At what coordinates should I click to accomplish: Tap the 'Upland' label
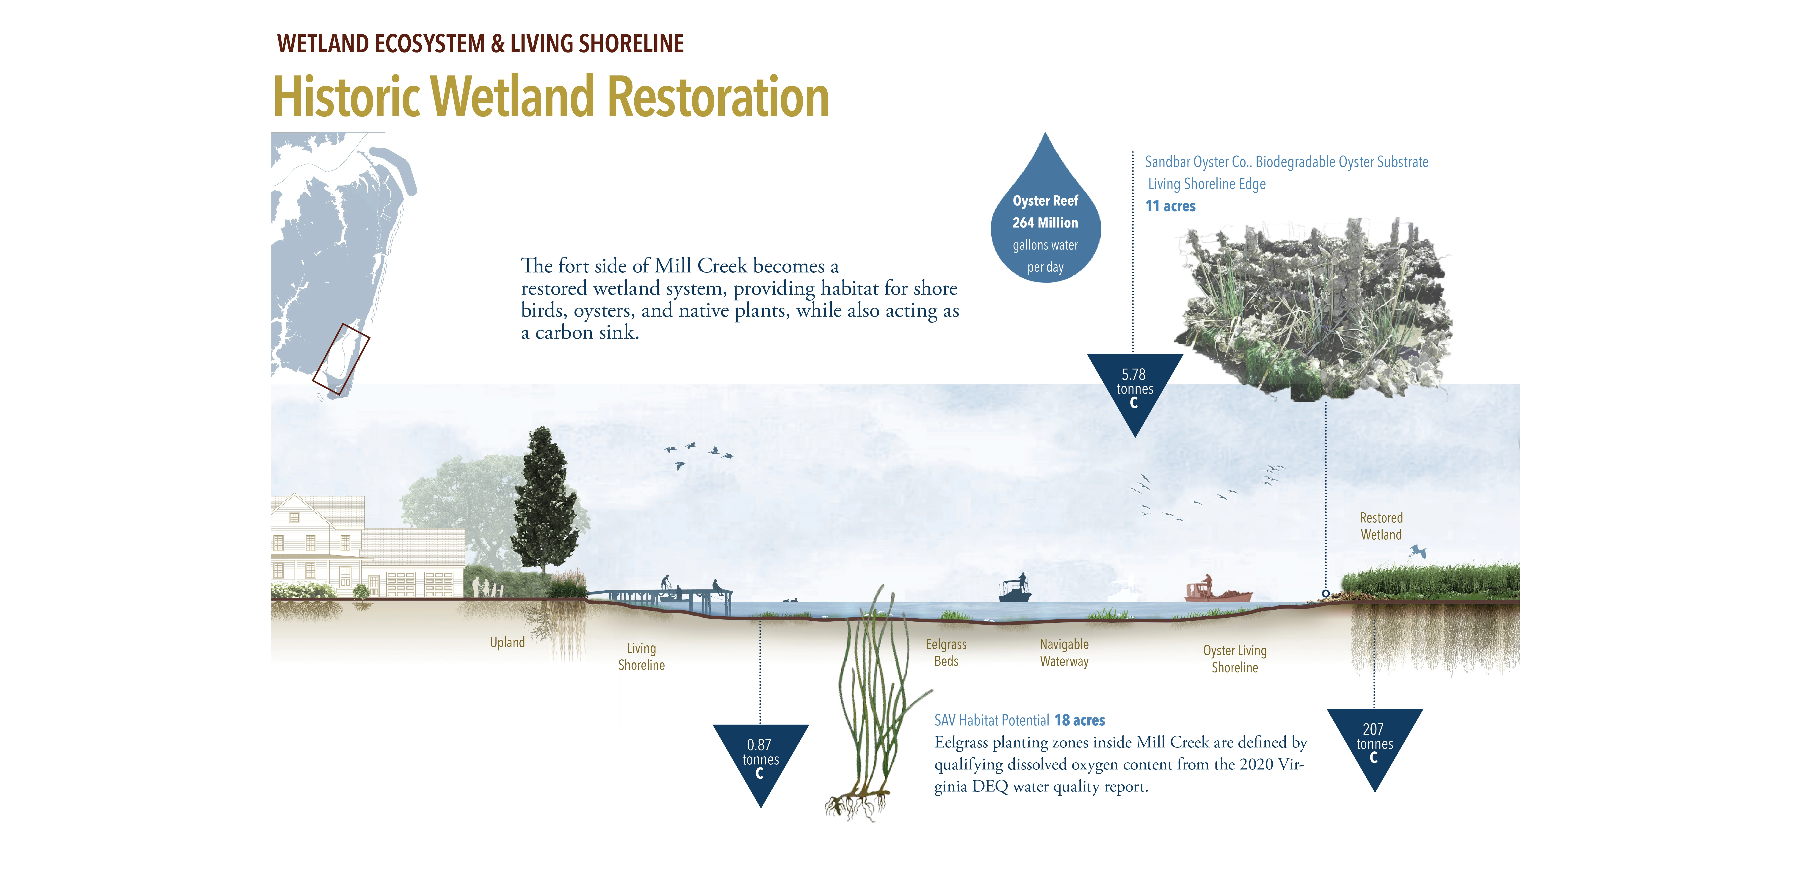(x=507, y=642)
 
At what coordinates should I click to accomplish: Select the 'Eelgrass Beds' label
(x=945, y=653)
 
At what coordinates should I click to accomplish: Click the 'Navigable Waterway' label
(x=1064, y=653)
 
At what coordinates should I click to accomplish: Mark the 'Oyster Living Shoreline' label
(x=1235, y=659)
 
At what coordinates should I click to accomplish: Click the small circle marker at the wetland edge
(x=1325, y=594)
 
